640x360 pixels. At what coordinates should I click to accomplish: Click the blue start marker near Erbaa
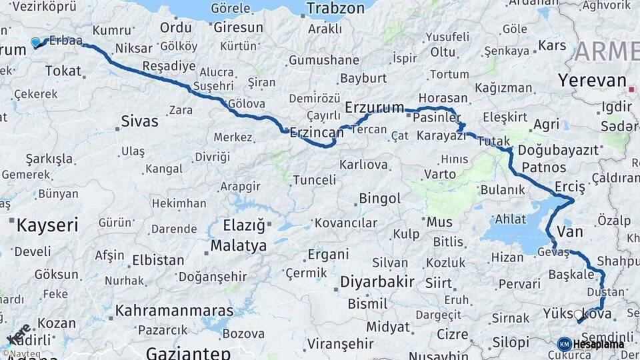coord(35,43)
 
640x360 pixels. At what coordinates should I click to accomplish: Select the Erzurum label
coord(375,107)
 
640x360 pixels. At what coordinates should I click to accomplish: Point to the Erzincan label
coord(317,132)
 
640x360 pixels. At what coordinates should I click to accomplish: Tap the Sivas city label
coord(139,121)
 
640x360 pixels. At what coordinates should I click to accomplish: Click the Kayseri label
coord(47,225)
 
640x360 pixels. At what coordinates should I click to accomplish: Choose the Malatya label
coord(238,246)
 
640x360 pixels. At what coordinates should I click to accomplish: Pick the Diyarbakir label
coord(377,281)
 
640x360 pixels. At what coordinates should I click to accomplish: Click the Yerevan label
coord(592,81)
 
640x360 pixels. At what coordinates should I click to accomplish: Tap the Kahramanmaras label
coord(174,311)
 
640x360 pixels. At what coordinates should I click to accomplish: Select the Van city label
coord(569,232)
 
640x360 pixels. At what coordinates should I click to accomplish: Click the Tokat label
coord(63,71)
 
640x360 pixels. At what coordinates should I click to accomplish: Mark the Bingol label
coord(379,199)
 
